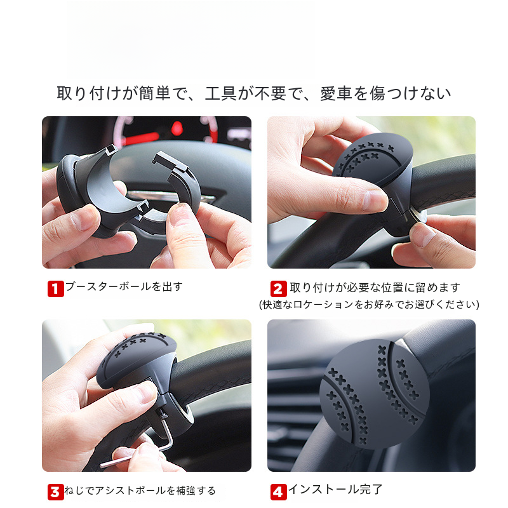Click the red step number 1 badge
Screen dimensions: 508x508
tap(56, 289)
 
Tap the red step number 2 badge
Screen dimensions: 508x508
tap(279, 289)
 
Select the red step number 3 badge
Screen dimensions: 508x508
tap(55, 492)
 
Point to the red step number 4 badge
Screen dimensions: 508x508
tap(279, 492)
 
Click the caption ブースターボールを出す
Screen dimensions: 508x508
tap(124, 287)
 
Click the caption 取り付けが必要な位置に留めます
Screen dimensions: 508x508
tap(375, 288)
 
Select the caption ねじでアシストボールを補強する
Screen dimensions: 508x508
tap(140, 490)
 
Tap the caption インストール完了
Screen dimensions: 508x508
tap(335, 489)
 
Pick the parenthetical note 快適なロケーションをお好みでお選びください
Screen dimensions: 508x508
tap(369, 305)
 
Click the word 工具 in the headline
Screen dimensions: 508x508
tap(221, 93)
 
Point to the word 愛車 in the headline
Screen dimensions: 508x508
tap(336, 93)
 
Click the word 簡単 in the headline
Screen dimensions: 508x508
tap(155, 93)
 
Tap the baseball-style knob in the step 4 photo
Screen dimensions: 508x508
tap(375, 394)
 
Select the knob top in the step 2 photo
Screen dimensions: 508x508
tap(373, 159)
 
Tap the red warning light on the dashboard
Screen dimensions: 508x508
tap(177, 128)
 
